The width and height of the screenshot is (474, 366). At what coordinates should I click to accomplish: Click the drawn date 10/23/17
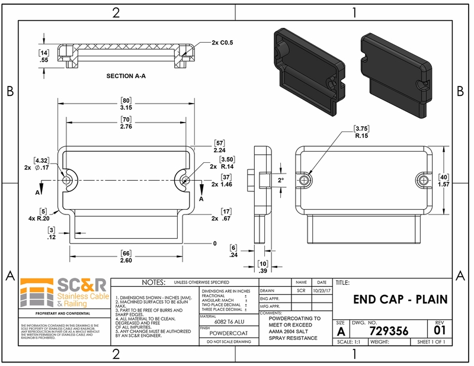321,291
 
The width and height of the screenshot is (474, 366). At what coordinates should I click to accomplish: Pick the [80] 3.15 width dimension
126,104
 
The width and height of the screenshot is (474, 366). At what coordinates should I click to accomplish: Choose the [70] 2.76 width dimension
126,123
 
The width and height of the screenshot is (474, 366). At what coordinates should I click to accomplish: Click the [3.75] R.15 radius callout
361,131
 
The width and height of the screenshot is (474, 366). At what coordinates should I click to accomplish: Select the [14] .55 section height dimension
43,56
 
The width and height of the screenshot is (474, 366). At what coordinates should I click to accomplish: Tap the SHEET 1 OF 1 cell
431,342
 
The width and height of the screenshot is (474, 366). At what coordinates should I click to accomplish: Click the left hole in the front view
66,179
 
